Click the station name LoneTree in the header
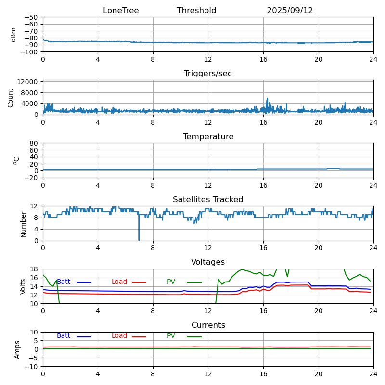click(x=121, y=11)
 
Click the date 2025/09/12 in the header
click(x=290, y=11)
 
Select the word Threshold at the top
click(x=196, y=11)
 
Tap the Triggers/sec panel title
click(x=208, y=74)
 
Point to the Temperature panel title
click(x=208, y=137)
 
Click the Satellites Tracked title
click(x=208, y=200)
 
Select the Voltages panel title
click(x=208, y=262)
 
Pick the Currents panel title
click(x=208, y=325)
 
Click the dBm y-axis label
click(x=13, y=35)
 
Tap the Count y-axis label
click(x=11, y=97)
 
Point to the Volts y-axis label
click(x=23, y=286)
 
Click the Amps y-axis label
click(x=17, y=349)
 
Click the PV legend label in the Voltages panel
click(x=171, y=282)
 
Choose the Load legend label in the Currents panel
click(x=119, y=336)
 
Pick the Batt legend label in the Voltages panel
click(x=64, y=282)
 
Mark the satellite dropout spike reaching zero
click(x=139, y=238)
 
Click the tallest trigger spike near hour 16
click(x=267, y=99)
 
